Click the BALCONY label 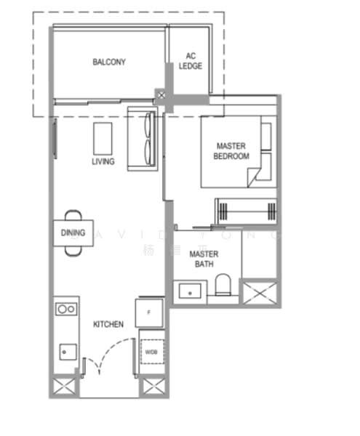point(109,62)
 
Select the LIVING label point(103,161)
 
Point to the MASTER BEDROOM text point(231,151)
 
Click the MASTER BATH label point(204,259)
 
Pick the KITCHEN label point(108,324)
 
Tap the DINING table point(73,233)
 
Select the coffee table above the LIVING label point(103,136)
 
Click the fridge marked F point(149,312)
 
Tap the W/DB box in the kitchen point(151,352)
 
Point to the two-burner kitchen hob point(66,309)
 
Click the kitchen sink point(65,350)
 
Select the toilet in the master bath point(225,286)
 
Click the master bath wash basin point(190,291)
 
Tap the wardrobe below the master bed point(245,210)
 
